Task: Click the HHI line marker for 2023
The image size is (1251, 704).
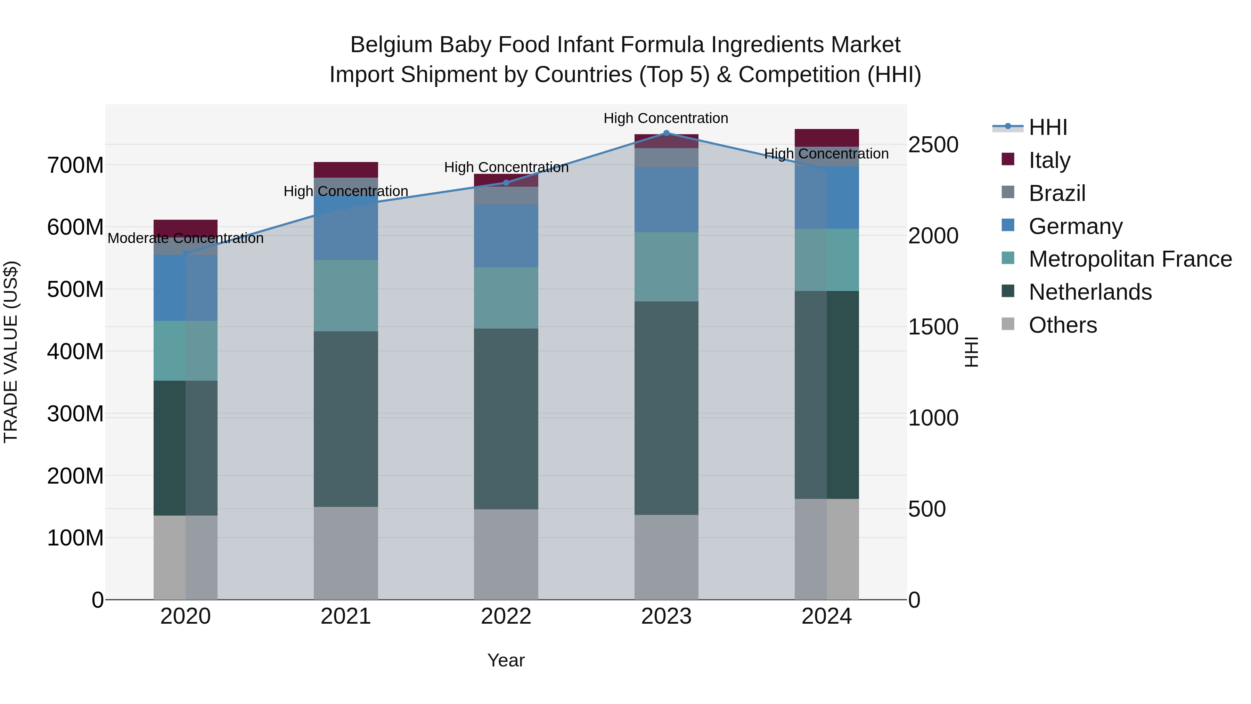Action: click(666, 133)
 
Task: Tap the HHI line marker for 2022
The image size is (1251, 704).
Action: click(506, 183)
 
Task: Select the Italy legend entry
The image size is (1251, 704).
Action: click(1049, 160)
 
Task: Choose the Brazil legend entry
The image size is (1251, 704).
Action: click(1057, 193)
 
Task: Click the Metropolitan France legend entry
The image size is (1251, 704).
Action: click(1130, 259)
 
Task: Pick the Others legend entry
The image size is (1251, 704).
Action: click(1063, 325)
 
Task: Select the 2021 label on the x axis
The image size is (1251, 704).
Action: click(346, 616)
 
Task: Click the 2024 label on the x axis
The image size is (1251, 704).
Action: click(827, 616)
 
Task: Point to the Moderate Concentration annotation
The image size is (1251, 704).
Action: click(186, 238)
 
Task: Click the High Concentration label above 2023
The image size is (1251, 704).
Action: click(666, 119)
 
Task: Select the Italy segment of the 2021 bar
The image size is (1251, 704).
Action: click(346, 170)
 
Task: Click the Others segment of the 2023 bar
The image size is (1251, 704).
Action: click(666, 557)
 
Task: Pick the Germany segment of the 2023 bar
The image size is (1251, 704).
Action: click(666, 200)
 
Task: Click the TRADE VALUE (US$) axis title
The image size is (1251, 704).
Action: click(11, 352)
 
